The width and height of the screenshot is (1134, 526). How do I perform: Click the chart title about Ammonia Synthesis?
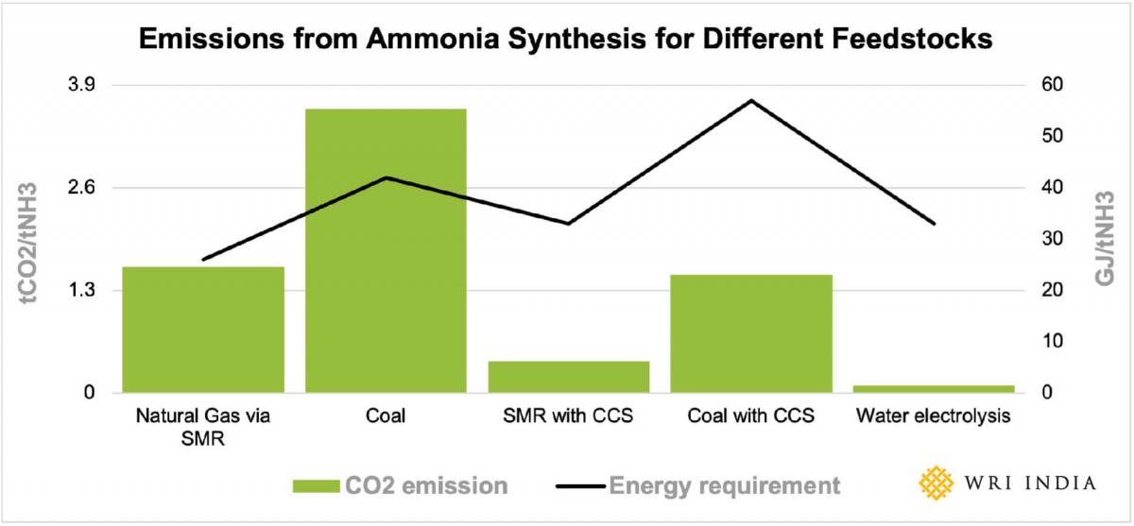tap(566, 40)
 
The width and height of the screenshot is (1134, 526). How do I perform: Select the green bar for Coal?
tap(386, 250)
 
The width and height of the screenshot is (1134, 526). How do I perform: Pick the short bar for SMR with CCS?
tap(569, 376)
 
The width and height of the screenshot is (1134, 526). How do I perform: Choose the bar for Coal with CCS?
tap(751, 332)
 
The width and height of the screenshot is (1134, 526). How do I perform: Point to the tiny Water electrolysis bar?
tap(934, 388)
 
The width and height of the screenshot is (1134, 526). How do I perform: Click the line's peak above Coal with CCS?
tap(751, 100)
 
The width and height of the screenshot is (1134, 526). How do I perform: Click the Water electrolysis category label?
tap(934, 416)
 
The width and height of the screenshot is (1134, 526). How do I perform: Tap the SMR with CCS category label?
tap(569, 416)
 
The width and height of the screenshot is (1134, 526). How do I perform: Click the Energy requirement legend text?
tap(724, 486)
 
